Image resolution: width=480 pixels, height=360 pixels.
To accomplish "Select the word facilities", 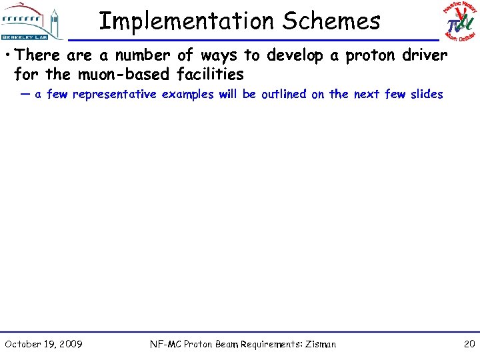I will [x=210, y=73].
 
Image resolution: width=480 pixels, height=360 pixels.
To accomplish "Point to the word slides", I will [x=427, y=95].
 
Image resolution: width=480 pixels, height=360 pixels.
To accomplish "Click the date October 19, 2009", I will [x=43, y=344].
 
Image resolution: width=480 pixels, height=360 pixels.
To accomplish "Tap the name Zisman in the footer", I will [x=321, y=345].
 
